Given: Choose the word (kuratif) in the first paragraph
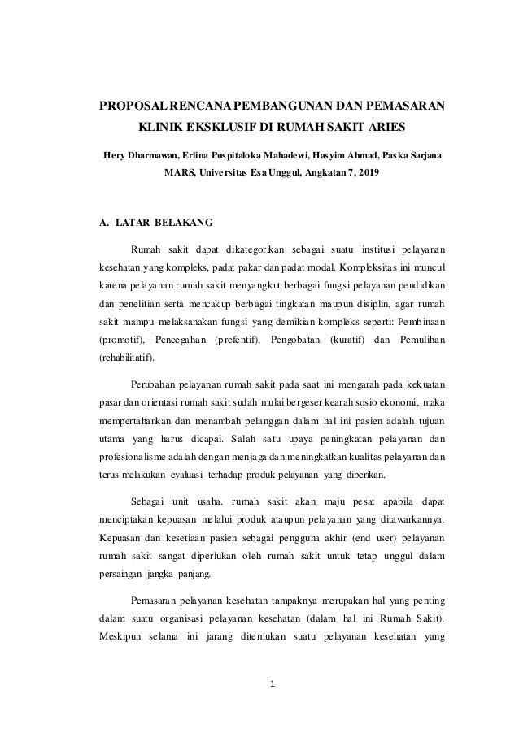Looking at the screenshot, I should click(x=345, y=336).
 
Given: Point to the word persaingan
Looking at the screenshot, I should click(x=121, y=576).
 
